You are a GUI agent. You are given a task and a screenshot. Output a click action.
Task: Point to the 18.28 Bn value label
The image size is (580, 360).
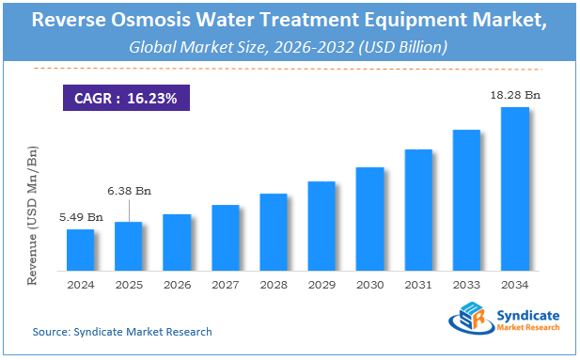click(515, 96)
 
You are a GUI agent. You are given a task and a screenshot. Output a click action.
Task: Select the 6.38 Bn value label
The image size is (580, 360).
click(129, 191)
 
